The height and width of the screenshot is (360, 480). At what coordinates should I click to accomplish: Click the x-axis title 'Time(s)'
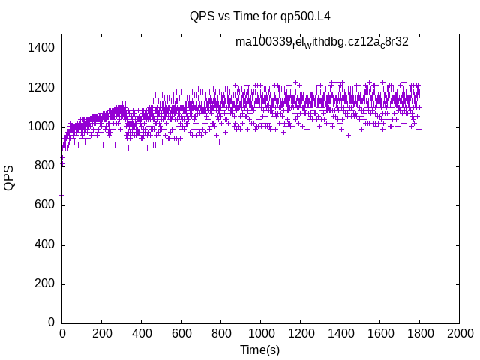pos(259,349)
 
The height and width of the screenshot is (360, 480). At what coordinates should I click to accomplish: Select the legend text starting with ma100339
pos(322,42)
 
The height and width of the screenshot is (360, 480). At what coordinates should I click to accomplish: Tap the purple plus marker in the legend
pos(430,43)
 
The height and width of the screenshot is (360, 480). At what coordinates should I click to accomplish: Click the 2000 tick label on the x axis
pos(458,333)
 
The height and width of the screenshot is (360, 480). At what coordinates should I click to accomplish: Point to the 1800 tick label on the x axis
pos(419,333)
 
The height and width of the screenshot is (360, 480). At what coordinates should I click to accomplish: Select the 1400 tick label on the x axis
pos(340,333)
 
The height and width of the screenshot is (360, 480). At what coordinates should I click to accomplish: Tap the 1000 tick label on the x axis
pos(260,333)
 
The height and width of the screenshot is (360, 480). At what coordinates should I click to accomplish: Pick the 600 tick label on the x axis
pos(181,333)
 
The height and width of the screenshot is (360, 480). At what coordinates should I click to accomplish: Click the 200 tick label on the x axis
pos(101,333)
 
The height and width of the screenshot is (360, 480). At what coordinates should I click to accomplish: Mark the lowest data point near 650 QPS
pos(61,195)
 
